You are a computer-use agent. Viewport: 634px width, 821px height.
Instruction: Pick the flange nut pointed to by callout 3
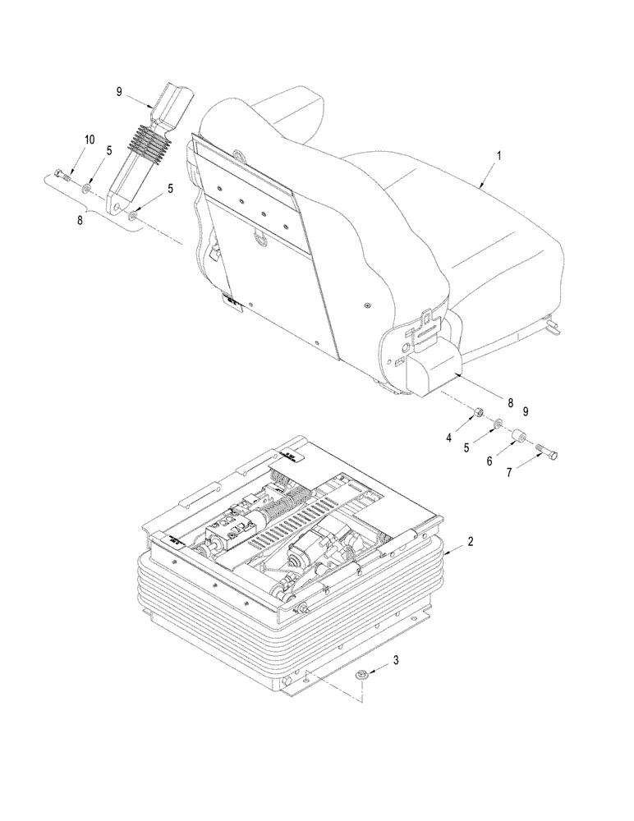(x=362, y=675)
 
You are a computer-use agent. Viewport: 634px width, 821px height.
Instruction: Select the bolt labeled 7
(x=549, y=448)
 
